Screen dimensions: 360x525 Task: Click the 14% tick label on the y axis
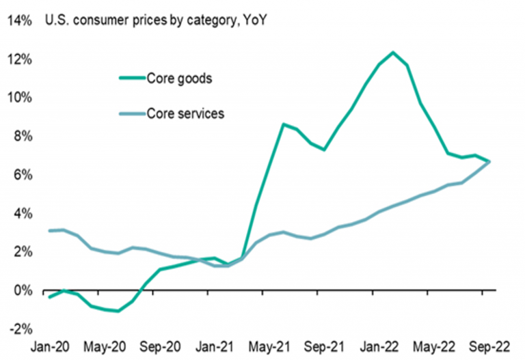click(18, 20)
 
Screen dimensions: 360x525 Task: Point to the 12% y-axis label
click(18, 59)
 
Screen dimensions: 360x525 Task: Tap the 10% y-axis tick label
click(18, 98)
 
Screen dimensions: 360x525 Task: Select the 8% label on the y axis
click(21, 137)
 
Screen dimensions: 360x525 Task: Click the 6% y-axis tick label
click(21, 175)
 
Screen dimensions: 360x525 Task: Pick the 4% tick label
click(21, 214)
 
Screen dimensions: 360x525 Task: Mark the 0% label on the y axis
click(21, 291)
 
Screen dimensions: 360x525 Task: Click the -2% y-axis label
click(20, 329)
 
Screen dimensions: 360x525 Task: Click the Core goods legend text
click(179, 78)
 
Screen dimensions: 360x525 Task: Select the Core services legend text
click(185, 113)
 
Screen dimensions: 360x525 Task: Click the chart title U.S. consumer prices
click(155, 20)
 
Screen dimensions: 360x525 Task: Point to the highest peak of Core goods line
click(392, 52)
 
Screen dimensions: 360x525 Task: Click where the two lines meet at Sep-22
click(488, 161)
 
